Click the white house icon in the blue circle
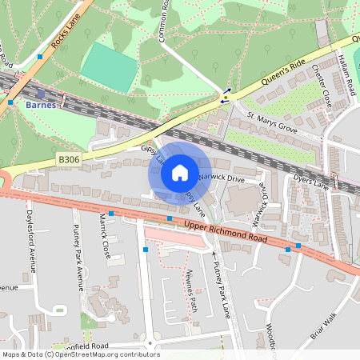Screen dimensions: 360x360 pyautogui.click(x=180, y=172)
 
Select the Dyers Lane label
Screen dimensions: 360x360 pyautogui.click(x=311, y=182)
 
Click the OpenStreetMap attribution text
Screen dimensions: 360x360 pyautogui.click(x=80, y=354)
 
